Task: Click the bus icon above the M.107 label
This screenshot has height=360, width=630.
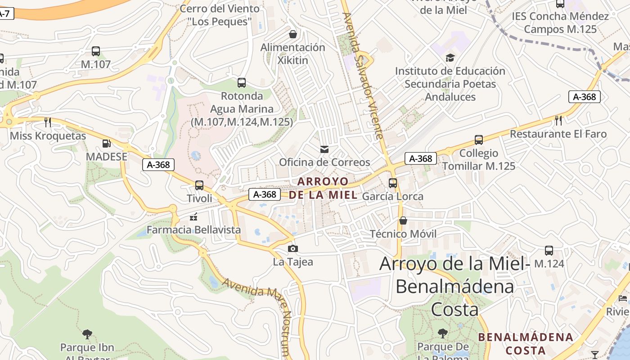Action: [x=96, y=51]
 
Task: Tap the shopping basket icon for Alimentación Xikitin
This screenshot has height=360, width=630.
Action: [x=293, y=34]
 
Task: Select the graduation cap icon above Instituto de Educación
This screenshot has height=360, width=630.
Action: [x=450, y=58]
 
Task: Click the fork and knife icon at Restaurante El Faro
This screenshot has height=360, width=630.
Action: [x=558, y=120]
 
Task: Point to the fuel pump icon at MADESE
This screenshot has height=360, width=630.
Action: [x=107, y=144]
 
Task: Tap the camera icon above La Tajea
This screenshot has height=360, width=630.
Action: [x=293, y=248]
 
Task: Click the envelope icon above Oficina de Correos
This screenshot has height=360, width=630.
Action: [x=324, y=149]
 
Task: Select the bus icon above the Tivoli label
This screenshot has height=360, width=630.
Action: [x=199, y=185]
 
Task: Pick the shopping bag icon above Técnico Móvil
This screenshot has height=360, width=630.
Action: [x=403, y=220]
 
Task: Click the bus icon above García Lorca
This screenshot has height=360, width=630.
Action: [x=393, y=183]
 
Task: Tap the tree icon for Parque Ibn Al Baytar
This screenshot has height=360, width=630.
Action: [x=87, y=334]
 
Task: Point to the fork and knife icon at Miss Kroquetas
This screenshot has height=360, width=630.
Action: [x=48, y=122]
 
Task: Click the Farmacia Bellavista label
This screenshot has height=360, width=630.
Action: [x=194, y=230]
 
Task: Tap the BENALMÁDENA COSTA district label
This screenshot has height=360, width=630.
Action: [x=526, y=343]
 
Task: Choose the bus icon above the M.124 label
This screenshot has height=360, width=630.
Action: [x=549, y=251]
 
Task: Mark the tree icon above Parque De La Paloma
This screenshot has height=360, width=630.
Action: [x=443, y=333]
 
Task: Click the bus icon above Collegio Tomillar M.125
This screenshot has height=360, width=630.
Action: [x=479, y=140]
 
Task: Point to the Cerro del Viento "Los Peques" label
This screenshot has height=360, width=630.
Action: [x=220, y=15]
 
